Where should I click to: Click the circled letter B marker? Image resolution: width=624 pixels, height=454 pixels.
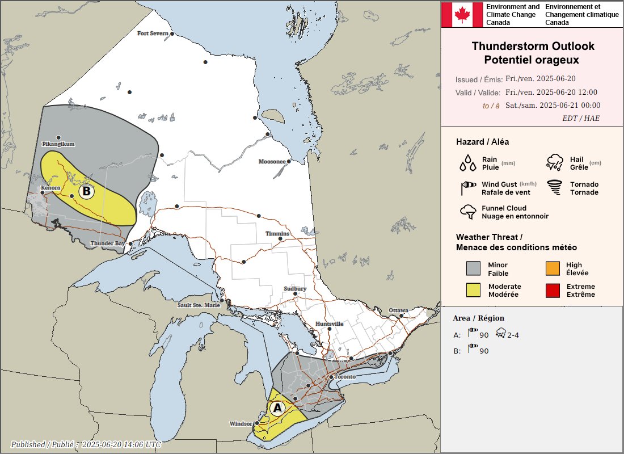(x=86, y=191)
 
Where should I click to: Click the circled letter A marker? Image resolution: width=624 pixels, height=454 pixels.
(x=277, y=407)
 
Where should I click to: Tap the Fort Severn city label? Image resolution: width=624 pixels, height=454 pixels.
(x=153, y=33)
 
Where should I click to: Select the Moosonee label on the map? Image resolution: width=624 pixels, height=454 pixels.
(x=272, y=162)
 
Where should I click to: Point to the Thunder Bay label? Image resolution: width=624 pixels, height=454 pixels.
(x=108, y=243)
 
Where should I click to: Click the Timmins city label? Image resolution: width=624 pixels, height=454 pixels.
(x=277, y=234)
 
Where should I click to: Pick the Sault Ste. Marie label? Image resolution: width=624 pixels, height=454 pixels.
(x=199, y=305)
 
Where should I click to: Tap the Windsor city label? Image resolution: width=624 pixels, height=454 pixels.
(x=241, y=424)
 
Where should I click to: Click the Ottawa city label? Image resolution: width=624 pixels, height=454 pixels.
(x=398, y=310)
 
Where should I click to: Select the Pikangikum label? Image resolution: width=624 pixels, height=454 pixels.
(x=58, y=144)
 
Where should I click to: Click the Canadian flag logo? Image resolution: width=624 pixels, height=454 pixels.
(x=462, y=14)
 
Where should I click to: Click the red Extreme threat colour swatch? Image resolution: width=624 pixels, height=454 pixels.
(x=553, y=291)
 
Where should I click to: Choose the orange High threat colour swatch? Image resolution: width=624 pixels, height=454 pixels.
(x=553, y=268)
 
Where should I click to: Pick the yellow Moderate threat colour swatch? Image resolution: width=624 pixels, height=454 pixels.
(x=473, y=291)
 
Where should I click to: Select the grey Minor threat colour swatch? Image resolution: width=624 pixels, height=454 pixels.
(x=473, y=268)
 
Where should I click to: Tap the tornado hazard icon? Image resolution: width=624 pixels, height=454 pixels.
(x=554, y=188)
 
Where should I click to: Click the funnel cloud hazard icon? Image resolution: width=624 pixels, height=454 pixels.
(x=468, y=212)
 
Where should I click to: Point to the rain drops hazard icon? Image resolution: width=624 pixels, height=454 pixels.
(x=468, y=163)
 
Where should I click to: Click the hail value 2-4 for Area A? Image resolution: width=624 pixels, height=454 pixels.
(x=513, y=335)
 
